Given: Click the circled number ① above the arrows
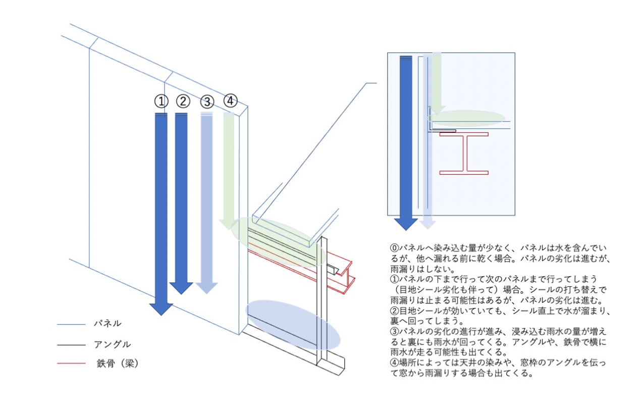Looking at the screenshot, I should tap(161, 102).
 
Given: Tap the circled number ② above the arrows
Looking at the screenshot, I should tap(183, 102).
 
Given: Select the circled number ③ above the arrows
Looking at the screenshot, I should tap(206, 102).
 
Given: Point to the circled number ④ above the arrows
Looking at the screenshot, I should tap(230, 101).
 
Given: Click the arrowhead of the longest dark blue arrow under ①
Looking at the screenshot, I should tap(161, 308).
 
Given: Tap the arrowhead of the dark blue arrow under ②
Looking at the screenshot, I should tap(181, 288).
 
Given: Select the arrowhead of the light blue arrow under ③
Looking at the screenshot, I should tap(206, 288).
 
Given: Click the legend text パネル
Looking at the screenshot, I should tap(108, 323).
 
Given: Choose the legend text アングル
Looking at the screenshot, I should tap(112, 344).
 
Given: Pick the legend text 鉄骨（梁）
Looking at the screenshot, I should tap(117, 364).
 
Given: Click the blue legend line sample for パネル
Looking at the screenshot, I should tap(70, 324).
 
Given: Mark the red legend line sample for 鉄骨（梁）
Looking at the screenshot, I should tap(70, 364).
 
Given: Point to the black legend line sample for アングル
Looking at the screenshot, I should tap(70, 345).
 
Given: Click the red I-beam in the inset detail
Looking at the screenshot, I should tap(464, 154).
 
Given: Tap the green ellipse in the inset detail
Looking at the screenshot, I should tap(467, 118).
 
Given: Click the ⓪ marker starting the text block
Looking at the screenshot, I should tap(394, 248).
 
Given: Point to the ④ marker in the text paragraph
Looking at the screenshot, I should tap(394, 364).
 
